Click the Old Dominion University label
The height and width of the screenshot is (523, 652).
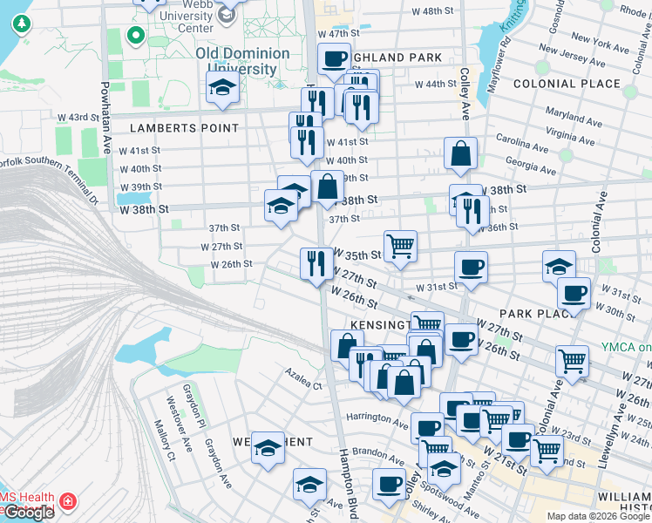click(242, 61)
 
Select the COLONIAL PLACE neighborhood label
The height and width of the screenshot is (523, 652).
click(567, 85)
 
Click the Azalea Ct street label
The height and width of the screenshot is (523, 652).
click(302, 378)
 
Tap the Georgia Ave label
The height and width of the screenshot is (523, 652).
click(530, 166)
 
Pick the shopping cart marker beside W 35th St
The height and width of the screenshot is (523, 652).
click(400, 245)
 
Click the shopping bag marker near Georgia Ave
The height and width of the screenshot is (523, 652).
click(460, 153)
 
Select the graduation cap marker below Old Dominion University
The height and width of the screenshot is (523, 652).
click(222, 87)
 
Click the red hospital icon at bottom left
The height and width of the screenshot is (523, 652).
click(67, 502)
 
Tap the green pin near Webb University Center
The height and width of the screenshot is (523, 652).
click(135, 36)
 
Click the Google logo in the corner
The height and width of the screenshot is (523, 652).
click(28, 513)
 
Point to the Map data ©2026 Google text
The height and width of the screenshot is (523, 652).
click(598, 516)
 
